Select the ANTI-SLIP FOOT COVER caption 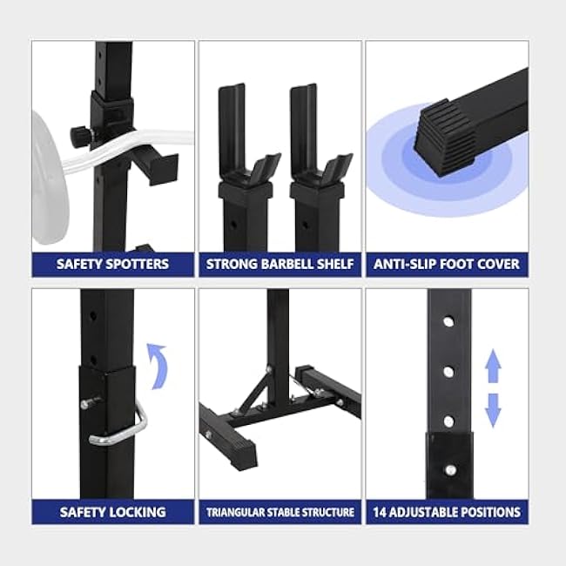point(447,264)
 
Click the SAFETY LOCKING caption point(113,511)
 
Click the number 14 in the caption point(381,511)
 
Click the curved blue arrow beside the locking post point(157,365)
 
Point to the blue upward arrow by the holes point(493,366)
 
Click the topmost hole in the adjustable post point(448,321)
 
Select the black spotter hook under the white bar point(154,165)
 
